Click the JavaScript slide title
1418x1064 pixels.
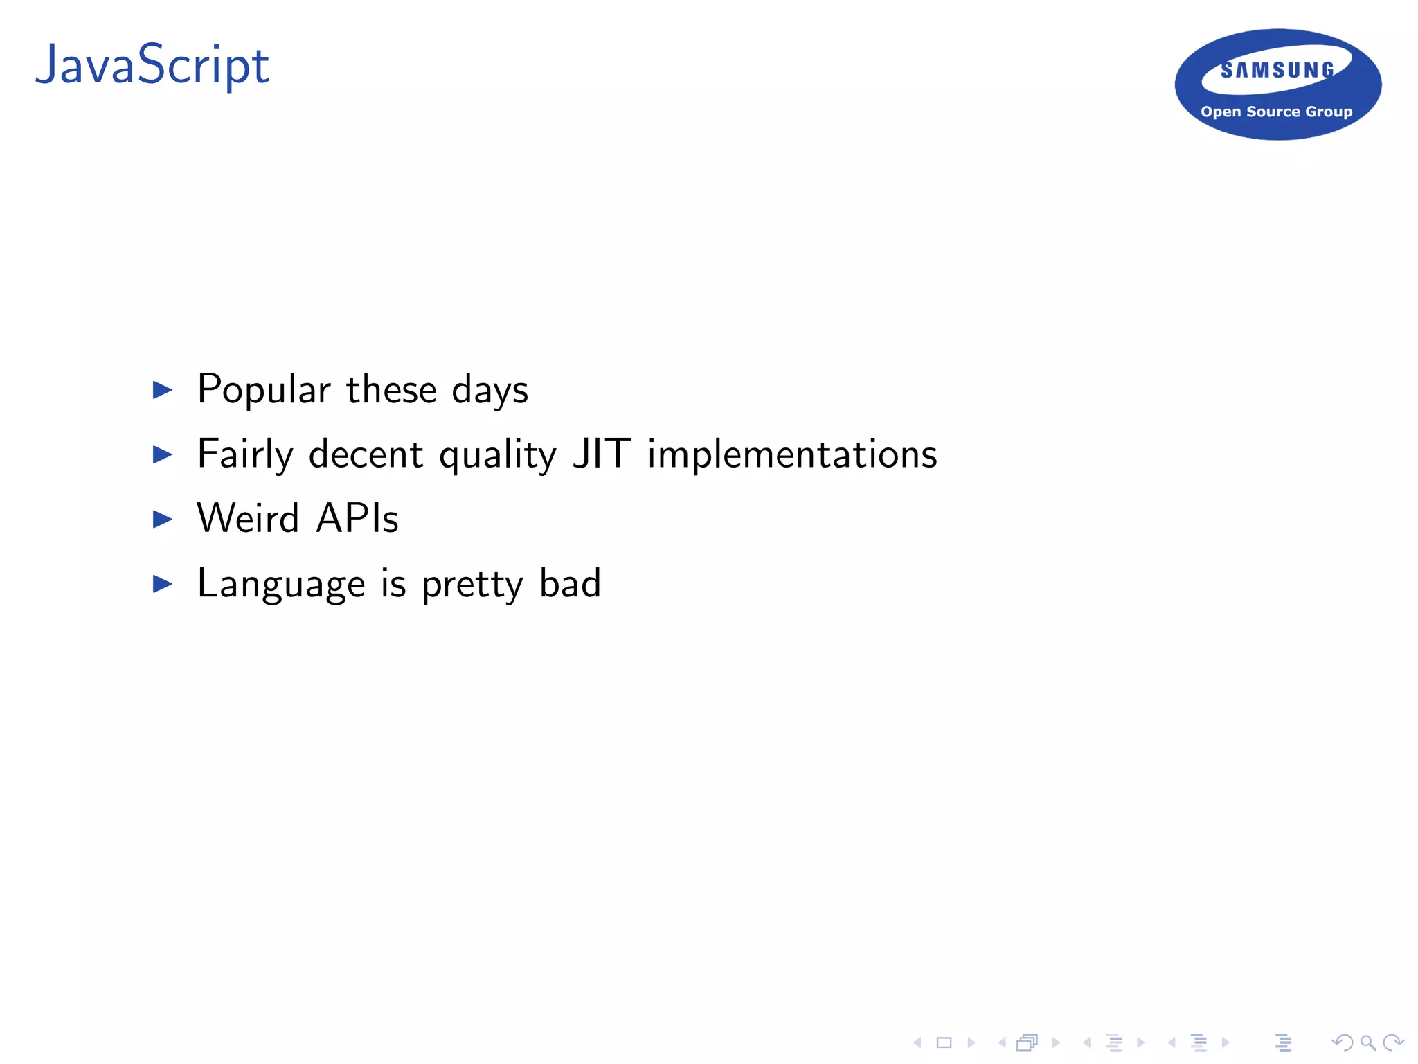[x=152, y=66]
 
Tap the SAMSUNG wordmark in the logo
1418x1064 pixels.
[x=1277, y=70]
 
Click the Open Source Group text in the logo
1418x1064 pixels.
[x=1276, y=112]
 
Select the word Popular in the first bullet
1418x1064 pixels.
[x=264, y=390]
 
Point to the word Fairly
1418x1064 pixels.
[x=245, y=455]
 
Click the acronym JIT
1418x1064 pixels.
[x=601, y=454]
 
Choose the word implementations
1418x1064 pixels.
[x=792, y=455]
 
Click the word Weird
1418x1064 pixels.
[x=248, y=519]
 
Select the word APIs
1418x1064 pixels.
[x=357, y=519]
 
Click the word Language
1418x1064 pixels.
[x=280, y=584]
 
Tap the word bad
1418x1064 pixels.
[x=570, y=583]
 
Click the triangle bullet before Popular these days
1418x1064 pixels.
[x=162, y=390]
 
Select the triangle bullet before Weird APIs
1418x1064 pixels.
[x=162, y=519]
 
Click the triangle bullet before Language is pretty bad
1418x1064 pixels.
[x=162, y=584]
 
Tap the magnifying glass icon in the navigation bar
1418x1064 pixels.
[x=1367, y=1043]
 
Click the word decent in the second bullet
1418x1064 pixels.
[x=366, y=455]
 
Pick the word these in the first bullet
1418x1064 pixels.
[x=391, y=390]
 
